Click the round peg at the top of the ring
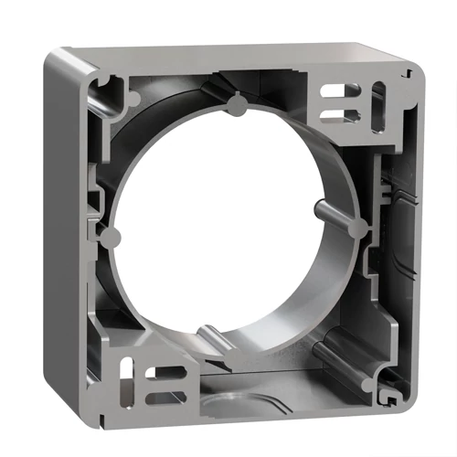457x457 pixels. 236,107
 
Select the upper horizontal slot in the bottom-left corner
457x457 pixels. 166,371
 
